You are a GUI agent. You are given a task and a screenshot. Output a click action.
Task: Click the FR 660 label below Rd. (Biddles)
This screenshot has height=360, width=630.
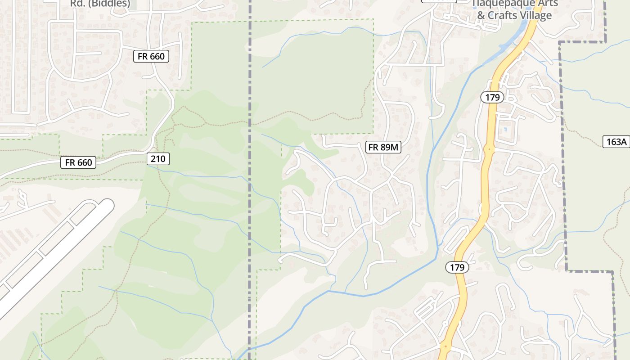151,56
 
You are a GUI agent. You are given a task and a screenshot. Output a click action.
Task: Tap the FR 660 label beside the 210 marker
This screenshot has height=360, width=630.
78,162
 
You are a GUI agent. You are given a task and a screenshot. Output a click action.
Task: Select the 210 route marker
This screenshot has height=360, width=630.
158,158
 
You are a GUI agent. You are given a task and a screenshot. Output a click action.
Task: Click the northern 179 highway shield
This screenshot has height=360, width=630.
492,97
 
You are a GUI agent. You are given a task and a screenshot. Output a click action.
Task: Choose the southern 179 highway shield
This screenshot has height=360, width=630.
457,267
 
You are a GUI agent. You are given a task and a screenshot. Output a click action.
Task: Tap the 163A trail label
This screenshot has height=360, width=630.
616,142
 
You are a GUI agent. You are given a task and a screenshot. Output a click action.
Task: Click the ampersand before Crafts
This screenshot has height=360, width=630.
481,15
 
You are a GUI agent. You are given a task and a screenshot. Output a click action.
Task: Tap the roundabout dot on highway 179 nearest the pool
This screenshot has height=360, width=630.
489,148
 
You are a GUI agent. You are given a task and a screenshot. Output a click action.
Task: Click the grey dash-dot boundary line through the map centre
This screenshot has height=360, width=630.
250,180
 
